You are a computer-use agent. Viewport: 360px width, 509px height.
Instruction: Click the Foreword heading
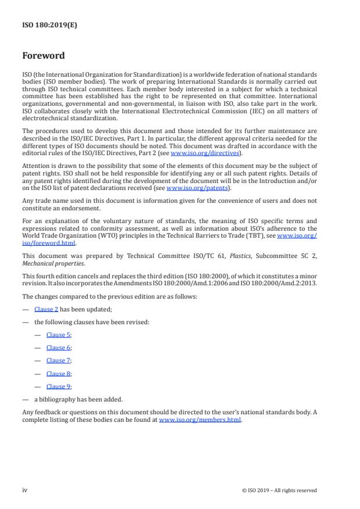[44, 56]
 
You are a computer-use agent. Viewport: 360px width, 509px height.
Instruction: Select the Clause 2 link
[46, 310]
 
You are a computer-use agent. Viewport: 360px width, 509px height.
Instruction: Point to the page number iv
[25, 490]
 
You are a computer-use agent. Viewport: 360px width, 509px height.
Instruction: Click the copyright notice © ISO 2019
[279, 490]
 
